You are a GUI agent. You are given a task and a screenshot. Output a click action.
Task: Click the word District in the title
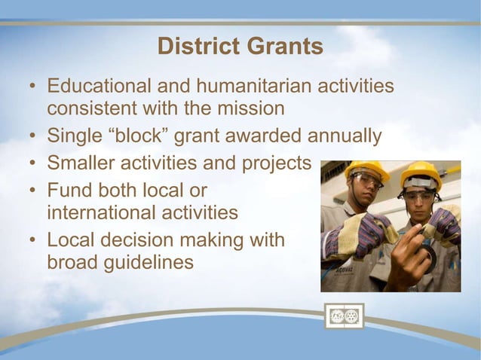[195, 47]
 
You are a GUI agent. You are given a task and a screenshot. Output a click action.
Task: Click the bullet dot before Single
[33, 137]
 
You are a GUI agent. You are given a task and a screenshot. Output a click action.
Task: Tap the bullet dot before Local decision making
[33, 241]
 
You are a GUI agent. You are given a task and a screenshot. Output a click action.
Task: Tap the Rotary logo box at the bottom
[344, 316]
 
